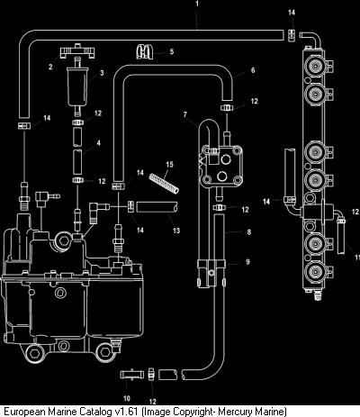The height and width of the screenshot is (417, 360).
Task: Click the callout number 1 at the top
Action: click(x=197, y=4)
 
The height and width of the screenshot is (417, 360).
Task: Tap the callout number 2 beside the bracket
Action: click(x=50, y=67)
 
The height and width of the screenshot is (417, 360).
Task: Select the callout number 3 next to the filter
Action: click(x=102, y=73)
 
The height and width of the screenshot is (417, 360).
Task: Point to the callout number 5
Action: click(x=172, y=51)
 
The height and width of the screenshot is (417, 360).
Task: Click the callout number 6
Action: click(x=253, y=70)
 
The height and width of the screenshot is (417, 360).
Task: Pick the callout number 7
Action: click(x=185, y=114)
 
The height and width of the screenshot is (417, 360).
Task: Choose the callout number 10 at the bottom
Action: click(x=127, y=398)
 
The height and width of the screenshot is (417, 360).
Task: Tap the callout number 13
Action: click(x=176, y=231)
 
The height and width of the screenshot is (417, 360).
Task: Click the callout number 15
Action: click(x=169, y=164)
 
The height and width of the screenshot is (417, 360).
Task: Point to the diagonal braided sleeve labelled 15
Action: click(x=164, y=184)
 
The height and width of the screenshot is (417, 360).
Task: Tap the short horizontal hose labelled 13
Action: click(x=157, y=207)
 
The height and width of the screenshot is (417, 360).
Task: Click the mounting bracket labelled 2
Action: click(x=77, y=53)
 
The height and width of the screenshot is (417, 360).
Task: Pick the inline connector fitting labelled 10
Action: click(x=131, y=375)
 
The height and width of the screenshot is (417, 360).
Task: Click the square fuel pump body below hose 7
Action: click(x=221, y=167)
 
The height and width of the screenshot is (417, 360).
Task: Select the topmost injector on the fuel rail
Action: click(x=315, y=65)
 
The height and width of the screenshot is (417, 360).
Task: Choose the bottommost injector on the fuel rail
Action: click(x=315, y=272)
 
